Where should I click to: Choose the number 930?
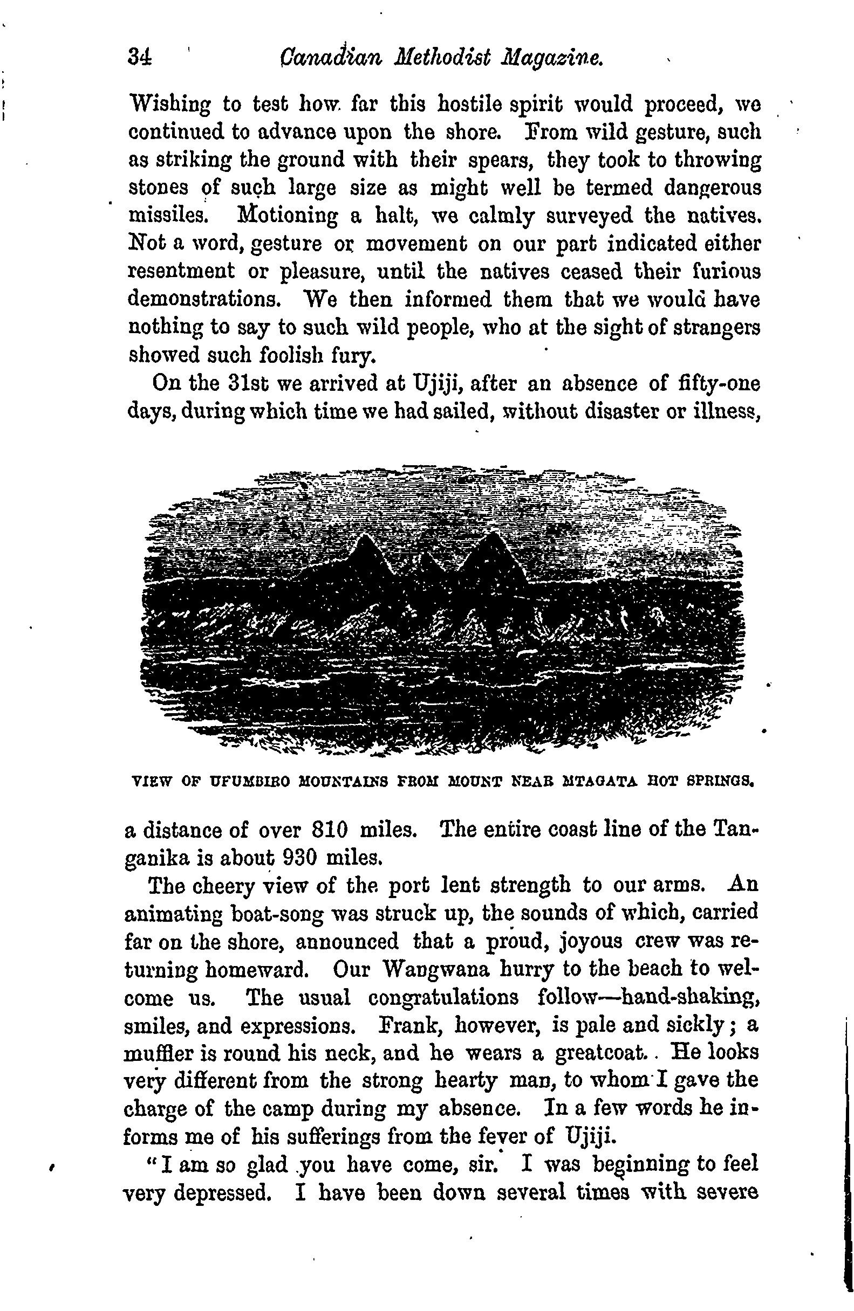pyautogui.click(x=299, y=858)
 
